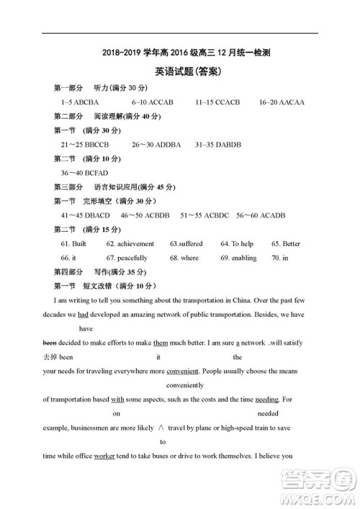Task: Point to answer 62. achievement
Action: click(130, 244)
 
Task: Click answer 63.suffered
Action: click(186, 244)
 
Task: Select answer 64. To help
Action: click(237, 244)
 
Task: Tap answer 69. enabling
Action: click(238, 258)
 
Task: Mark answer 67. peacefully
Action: click(127, 258)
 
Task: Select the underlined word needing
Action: click(267, 399)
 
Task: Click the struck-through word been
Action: click(50, 343)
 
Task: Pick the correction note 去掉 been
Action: click(58, 357)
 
